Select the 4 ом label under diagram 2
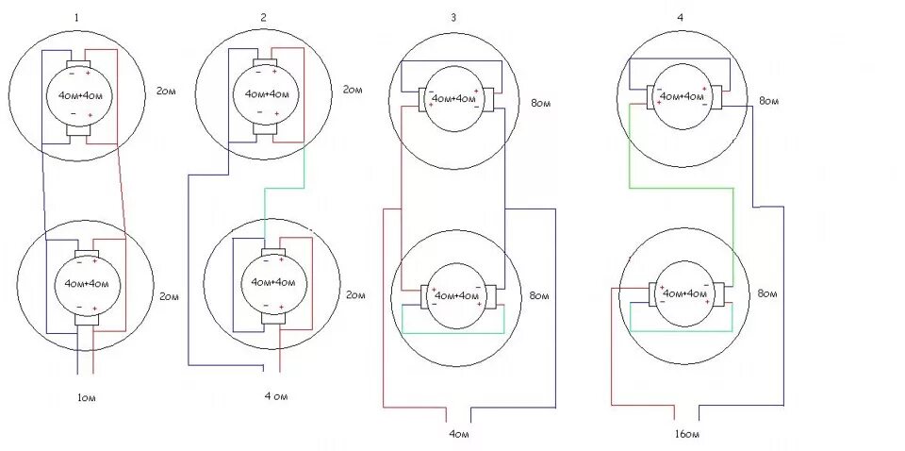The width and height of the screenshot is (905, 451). [276, 397]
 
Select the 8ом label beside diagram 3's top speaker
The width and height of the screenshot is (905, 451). [540, 101]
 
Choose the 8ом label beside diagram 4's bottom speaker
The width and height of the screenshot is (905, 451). [768, 295]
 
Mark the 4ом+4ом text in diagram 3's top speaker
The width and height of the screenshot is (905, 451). [453, 99]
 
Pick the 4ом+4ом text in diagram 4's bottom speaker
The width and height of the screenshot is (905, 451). [684, 293]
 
